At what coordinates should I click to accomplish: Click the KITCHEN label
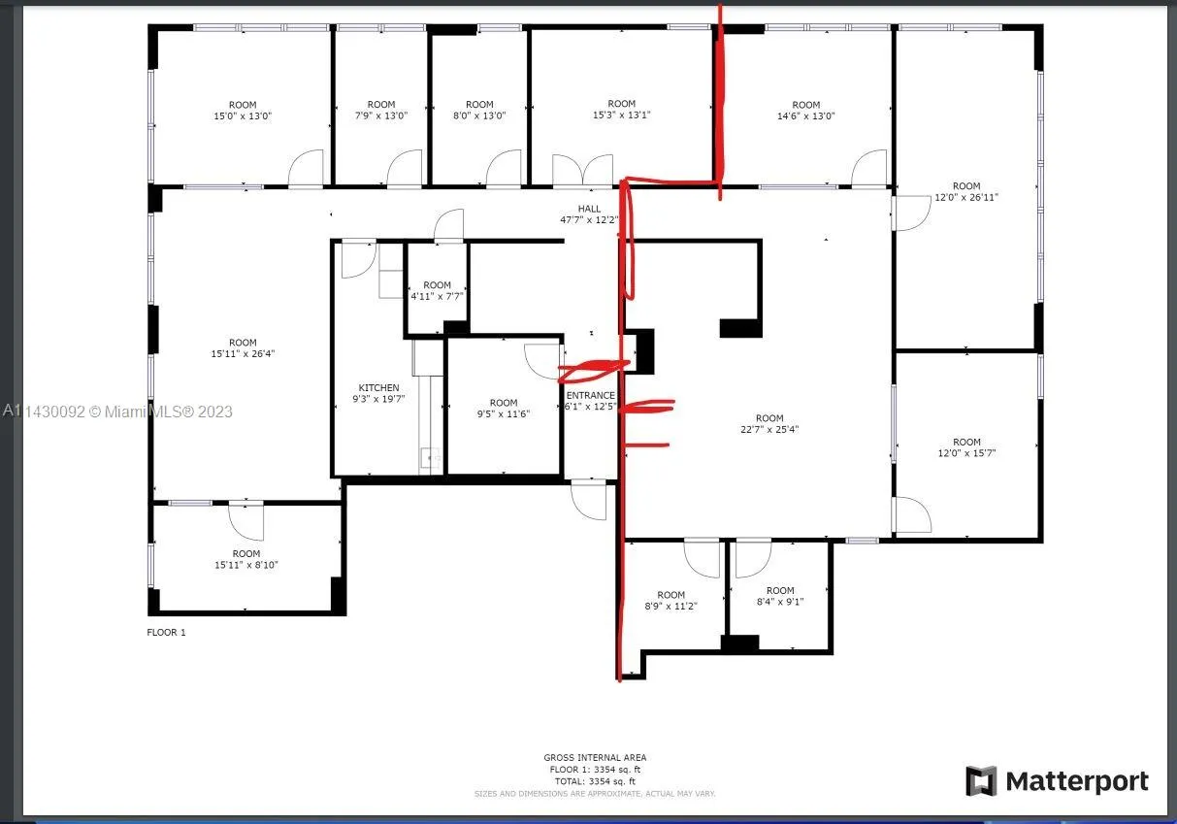click(x=378, y=388)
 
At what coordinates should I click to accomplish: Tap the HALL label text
click(x=589, y=209)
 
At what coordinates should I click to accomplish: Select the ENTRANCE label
click(x=590, y=395)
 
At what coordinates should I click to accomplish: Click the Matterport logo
click(x=1057, y=781)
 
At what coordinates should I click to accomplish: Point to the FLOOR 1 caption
click(x=165, y=633)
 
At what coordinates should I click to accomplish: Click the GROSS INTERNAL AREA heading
click(x=595, y=758)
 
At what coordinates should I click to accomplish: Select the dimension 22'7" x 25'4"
click(x=769, y=429)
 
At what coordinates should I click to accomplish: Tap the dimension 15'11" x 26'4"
click(x=243, y=354)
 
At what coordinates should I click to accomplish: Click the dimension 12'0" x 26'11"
click(x=965, y=197)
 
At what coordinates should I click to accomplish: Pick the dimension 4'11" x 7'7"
click(x=437, y=296)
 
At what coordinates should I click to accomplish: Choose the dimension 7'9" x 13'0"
click(x=381, y=115)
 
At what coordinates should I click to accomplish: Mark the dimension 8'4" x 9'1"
click(x=779, y=602)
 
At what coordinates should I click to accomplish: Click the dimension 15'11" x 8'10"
click(x=245, y=565)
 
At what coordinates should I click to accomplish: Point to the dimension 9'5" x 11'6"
click(x=504, y=414)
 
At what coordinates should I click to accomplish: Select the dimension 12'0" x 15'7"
click(x=966, y=453)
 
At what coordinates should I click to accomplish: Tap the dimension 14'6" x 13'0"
click(x=805, y=115)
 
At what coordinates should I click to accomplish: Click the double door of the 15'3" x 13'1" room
click(x=583, y=169)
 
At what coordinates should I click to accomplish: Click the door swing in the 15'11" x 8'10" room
click(x=246, y=521)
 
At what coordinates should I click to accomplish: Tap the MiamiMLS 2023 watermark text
click(x=117, y=412)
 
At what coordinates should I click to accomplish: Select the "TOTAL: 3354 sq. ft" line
click(x=595, y=780)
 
